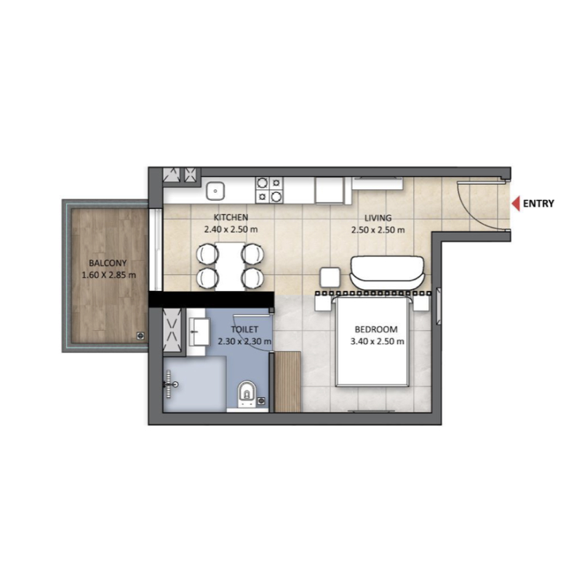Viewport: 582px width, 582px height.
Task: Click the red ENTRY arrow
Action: [516, 204]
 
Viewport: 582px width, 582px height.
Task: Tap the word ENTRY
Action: [538, 204]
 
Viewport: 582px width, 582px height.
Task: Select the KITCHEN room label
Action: [231, 217]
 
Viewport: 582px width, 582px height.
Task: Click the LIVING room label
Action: [378, 218]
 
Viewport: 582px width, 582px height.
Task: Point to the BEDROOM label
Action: [376, 330]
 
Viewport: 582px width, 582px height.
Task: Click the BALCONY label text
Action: [108, 263]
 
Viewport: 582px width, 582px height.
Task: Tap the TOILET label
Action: [244, 330]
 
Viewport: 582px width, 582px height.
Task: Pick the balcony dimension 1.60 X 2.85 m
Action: [108, 276]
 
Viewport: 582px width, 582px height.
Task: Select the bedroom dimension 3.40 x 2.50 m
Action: [377, 341]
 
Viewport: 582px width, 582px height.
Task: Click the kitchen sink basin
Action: [215, 191]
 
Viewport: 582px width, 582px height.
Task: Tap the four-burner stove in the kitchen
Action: [269, 190]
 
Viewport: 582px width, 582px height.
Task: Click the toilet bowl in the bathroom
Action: [247, 394]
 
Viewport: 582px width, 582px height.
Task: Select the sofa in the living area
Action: [387, 272]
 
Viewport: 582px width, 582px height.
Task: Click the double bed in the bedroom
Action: [372, 341]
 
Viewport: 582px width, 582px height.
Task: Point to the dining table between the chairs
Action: [230, 266]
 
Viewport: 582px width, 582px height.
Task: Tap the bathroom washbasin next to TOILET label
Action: [199, 332]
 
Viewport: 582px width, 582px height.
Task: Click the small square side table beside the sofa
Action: [330, 277]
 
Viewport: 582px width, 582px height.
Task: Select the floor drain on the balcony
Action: [140, 336]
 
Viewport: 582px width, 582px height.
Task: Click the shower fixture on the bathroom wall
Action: [171, 384]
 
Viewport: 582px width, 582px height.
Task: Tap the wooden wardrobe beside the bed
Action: [287, 382]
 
